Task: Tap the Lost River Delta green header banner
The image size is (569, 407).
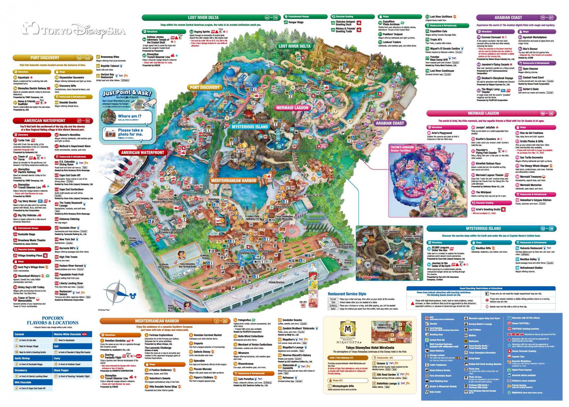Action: [x=203, y=18]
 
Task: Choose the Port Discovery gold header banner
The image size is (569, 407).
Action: [x=45, y=58]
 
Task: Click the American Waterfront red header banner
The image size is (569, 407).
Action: [x=45, y=121]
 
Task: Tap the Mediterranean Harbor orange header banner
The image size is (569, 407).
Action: [x=157, y=321]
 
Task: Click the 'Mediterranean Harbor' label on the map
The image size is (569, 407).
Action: [x=233, y=181]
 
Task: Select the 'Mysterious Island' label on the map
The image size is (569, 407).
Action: [x=250, y=127]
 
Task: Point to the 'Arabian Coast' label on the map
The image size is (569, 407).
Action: [x=389, y=123]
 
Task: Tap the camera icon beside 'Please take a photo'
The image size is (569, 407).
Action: [x=110, y=133]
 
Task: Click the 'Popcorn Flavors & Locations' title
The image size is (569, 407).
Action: [x=52, y=320]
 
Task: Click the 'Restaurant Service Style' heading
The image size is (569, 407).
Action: [x=347, y=294]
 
